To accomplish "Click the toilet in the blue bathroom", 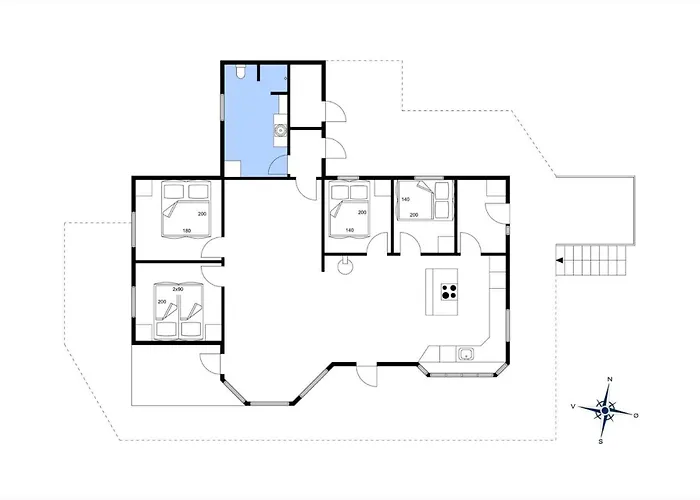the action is (x=240, y=72).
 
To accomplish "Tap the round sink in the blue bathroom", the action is (x=280, y=130).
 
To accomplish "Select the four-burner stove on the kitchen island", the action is (x=449, y=292).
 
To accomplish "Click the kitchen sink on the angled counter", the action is (x=466, y=354).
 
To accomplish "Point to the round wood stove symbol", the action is (x=345, y=267).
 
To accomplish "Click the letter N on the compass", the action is (x=610, y=379).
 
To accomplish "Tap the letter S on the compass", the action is (x=601, y=442).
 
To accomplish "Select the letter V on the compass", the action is (x=573, y=406).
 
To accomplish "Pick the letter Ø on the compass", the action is (x=636, y=415).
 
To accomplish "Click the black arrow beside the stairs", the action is (x=560, y=261).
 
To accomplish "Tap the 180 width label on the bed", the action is (x=187, y=231).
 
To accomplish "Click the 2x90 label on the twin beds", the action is (x=178, y=289).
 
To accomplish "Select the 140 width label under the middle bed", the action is (x=350, y=230).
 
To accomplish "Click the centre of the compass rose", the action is (x=605, y=410).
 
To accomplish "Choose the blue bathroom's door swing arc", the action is (x=278, y=165).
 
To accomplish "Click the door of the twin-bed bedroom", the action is (x=212, y=276).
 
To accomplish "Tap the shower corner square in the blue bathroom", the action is (x=232, y=168).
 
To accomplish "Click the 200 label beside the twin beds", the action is (x=162, y=302).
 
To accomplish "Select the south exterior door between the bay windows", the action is (x=367, y=376).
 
